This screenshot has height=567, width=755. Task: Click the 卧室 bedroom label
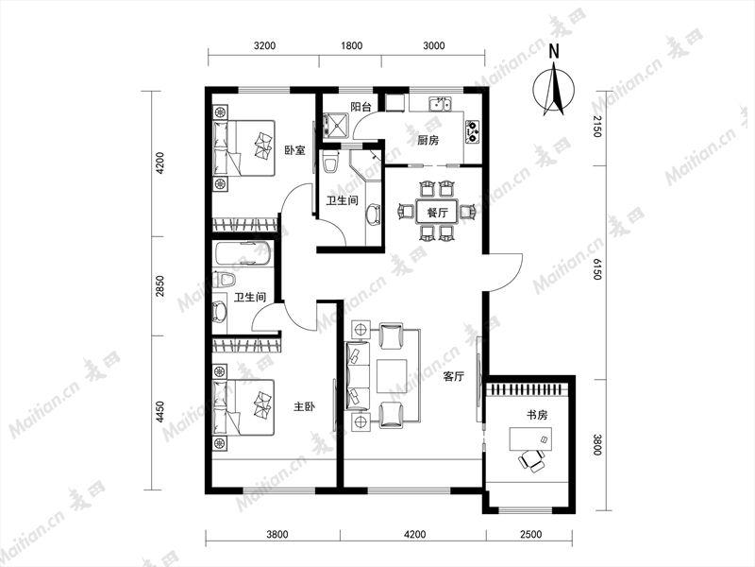pos(294,150)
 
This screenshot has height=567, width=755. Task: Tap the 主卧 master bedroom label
pos(304,406)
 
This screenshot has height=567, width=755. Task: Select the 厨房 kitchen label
pos(428,140)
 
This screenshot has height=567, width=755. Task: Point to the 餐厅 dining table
pos(437,212)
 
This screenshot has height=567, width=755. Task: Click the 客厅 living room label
pos(453,376)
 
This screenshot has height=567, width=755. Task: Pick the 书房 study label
pos(536,415)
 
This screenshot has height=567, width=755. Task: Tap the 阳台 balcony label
pos(361,107)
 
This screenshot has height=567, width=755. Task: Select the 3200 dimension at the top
pos(264,45)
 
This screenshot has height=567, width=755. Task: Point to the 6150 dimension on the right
pos(597,269)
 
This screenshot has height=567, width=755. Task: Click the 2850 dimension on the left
pos(160,286)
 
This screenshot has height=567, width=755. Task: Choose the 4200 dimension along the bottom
pos(414,534)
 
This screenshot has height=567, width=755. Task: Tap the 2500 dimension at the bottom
pos(530,534)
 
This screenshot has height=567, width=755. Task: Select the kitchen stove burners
pos(473,131)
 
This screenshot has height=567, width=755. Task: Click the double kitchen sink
pos(441,104)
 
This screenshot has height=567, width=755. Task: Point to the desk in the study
pos(530,438)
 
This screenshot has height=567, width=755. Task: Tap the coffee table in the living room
pos(392,376)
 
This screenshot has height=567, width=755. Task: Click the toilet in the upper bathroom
pos(330,162)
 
